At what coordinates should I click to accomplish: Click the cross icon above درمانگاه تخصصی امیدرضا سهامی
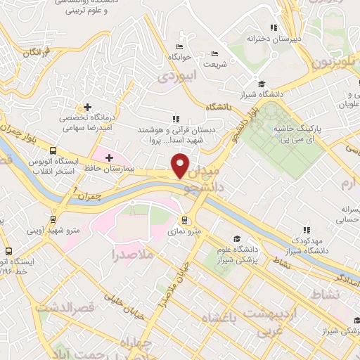(x=86, y=107)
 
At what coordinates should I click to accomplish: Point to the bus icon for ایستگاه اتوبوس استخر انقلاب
(x=53, y=150)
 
